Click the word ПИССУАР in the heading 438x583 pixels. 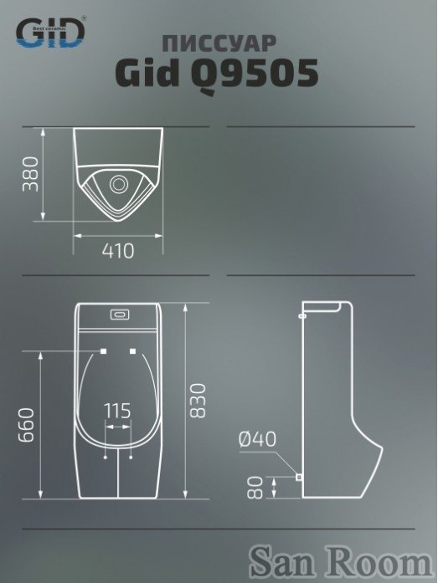point(219,43)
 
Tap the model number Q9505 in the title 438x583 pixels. point(255,74)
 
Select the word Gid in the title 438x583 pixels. point(147,72)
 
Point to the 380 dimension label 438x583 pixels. point(30,174)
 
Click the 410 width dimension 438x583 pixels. point(118,251)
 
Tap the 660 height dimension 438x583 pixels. point(27,425)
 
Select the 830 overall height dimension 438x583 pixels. point(198,401)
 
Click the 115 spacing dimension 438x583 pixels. point(117,411)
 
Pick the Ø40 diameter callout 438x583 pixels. point(257,439)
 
